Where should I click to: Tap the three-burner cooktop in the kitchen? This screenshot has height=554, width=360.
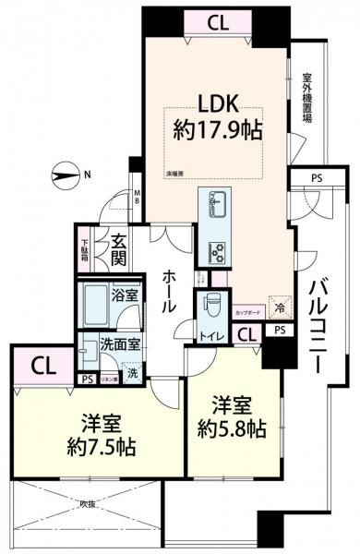[x=220, y=249]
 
